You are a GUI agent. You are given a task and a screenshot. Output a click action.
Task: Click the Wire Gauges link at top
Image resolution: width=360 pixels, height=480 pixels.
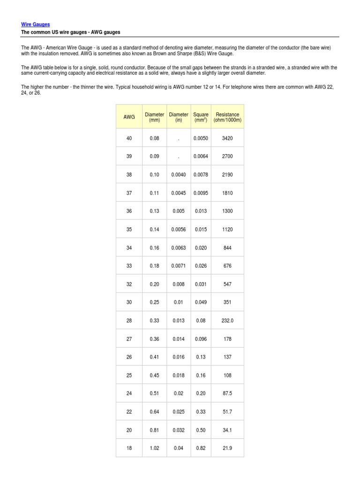click(36, 24)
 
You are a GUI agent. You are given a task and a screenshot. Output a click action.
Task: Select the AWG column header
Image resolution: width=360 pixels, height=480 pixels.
click(129, 117)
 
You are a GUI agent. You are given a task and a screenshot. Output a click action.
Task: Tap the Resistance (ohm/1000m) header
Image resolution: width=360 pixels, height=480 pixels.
click(227, 117)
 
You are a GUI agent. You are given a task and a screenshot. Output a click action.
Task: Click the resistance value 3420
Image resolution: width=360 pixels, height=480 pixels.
click(227, 138)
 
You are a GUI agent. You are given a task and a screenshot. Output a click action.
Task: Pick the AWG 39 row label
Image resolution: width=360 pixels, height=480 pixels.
click(129, 157)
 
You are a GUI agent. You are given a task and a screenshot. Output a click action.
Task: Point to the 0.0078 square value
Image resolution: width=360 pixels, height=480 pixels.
click(201, 175)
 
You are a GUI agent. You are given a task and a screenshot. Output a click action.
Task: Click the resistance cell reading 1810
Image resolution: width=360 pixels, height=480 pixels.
click(227, 193)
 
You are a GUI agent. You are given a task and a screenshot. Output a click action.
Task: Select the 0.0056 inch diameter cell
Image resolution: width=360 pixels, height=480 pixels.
click(179, 230)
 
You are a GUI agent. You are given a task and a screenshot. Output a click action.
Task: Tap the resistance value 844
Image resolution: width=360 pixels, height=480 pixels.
click(227, 248)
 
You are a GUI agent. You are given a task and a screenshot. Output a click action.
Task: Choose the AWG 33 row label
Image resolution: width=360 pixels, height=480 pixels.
click(129, 266)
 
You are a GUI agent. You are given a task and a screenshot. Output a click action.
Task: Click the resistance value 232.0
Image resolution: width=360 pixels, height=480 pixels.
click(227, 321)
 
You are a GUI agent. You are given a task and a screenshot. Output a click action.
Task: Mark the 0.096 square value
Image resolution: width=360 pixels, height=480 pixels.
click(201, 339)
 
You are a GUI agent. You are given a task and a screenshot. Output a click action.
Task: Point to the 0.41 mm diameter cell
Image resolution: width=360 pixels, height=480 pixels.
click(154, 357)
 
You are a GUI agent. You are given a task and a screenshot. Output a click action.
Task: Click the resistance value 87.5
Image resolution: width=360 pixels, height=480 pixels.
click(227, 394)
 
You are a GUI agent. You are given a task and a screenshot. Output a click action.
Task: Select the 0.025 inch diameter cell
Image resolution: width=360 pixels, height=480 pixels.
click(179, 412)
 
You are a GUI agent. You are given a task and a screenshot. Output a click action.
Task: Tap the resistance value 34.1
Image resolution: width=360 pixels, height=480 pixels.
click(227, 430)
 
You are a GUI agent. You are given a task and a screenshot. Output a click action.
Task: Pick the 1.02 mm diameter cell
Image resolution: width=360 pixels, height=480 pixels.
click(154, 448)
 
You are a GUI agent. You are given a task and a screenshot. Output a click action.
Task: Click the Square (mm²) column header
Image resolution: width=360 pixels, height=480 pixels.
click(201, 117)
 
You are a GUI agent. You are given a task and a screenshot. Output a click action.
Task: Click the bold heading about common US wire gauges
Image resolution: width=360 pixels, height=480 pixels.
click(71, 32)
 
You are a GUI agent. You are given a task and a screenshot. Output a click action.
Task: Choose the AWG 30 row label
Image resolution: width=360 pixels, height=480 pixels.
click(129, 302)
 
